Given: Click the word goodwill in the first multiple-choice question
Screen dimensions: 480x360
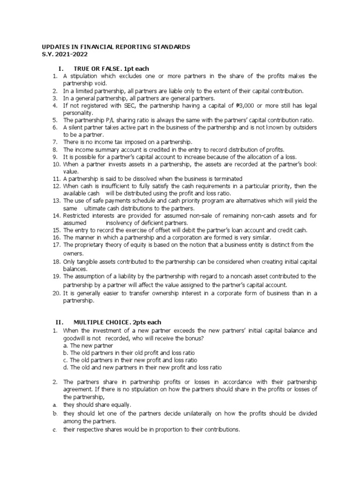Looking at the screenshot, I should tap(75, 338).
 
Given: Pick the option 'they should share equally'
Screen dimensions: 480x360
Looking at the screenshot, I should tap(97, 405).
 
